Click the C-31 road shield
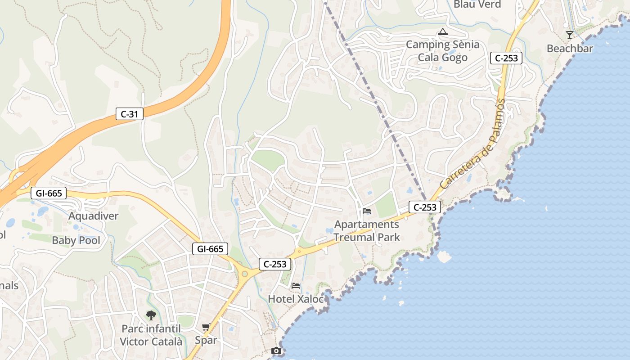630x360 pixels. pos(130,114)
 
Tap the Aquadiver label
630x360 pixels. pos(93,216)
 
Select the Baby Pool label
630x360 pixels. pos(76,240)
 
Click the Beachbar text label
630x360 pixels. pos(570,49)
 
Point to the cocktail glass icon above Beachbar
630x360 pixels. pos(570,35)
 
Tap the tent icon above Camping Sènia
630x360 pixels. pos(443,31)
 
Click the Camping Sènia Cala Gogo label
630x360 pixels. pos(443,51)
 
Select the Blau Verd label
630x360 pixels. pos(477,4)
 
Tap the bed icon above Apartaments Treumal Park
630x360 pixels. pos(367,211)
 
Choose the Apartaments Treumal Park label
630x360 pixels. pos(367,230)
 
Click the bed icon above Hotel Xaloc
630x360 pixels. pos(296,285)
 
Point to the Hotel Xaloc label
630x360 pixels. pos(296,299)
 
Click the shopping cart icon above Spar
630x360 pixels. pos(206,327)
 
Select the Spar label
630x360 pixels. pos(206,340)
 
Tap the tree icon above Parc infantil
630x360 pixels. pos(151,315)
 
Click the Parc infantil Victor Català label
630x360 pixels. pos(151,335)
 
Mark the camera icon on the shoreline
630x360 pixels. pos(276,351)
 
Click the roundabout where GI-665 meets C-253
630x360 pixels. pos(244,273)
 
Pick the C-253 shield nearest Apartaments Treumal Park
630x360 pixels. pos(425,207)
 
